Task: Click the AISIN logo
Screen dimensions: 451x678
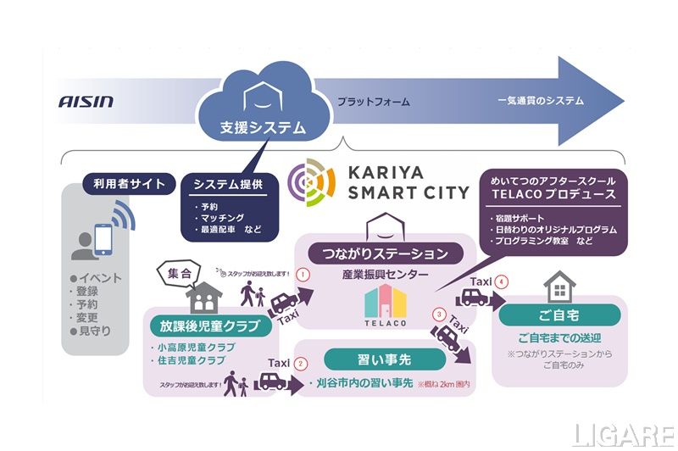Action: tap(86, 102)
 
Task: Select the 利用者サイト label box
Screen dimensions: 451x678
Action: tap(130, 182)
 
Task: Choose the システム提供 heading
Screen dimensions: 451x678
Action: tap(230, 184)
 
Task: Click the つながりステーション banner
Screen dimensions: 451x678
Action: tap(385, 253)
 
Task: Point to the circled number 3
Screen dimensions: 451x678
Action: tap(439, 315)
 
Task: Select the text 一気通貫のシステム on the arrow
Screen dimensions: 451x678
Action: tap(541, 101)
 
